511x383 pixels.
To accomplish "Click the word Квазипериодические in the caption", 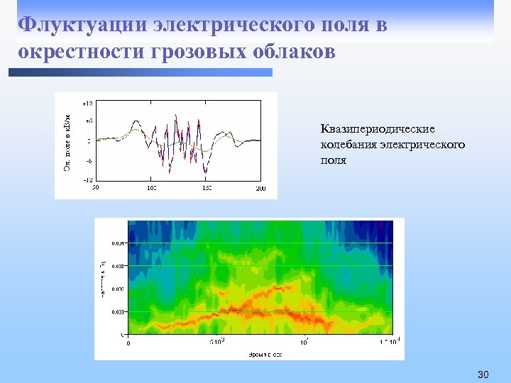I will click(x=378, y=129).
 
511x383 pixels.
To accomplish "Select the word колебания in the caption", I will click(x=347, y=145).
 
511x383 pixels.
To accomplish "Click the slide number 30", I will click(x=484, y=374).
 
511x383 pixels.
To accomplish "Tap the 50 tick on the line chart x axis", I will click(x=95, y=188).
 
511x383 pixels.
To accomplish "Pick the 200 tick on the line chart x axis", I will click(x=260, y=188).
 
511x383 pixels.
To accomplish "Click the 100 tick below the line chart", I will click(x=151, y=188).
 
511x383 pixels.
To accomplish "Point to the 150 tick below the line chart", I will click(x=206, y=188).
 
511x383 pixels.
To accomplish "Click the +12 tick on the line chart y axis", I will click(x=87, y=104).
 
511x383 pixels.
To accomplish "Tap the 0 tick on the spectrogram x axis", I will click(x=128, y=343).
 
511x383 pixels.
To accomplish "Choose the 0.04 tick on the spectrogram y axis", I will click(x=118, y=243).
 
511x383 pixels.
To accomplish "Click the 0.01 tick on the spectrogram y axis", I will click(x=118, y=311).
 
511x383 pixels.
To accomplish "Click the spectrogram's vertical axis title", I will click(x=104, y=277).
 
